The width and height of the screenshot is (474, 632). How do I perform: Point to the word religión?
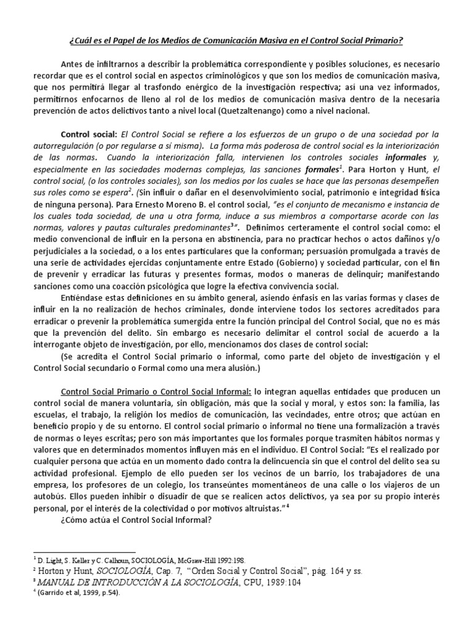point(170,415)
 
